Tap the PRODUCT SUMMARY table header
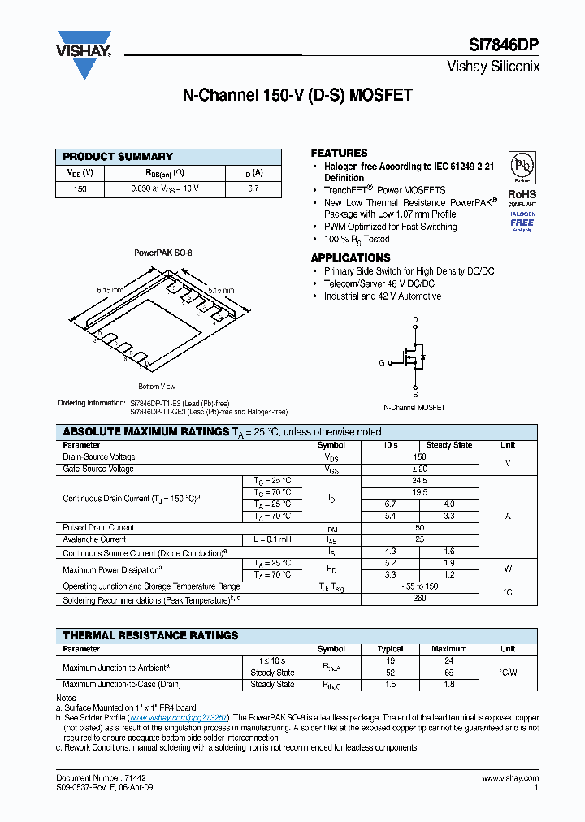point(118,157)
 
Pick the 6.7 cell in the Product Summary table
point(253,188)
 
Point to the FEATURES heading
point(339,153)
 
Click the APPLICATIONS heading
point(350,257)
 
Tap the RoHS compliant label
point(522,197)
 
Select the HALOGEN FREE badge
point(522,220)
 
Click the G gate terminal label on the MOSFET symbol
point(381,362)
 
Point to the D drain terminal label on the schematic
point(415,319)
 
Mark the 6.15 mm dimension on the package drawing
point(110,290)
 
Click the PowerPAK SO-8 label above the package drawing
point(163,253)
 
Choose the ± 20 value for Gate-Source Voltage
point(419,469)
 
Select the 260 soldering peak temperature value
point(419,599)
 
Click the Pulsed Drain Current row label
point(99,528)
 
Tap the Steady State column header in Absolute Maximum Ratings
point(448,445)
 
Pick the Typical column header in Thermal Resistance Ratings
point(391,649)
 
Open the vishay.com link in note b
point(180,718)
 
